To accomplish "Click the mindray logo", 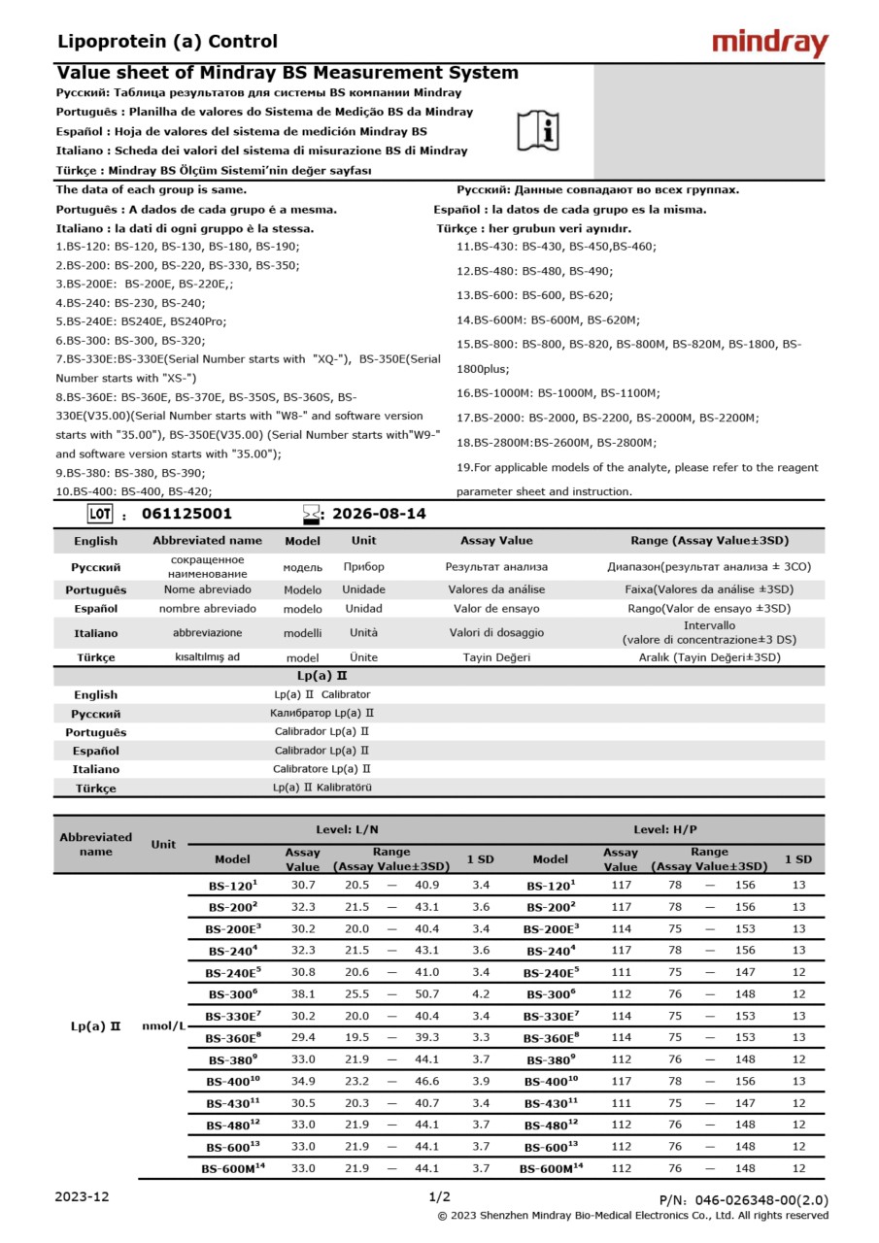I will [x=769, y=44].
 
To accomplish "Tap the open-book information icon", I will [x=538, y=131].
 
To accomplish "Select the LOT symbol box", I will [x=100, y=514].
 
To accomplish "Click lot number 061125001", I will [x=186, y=514].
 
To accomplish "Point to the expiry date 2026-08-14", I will [x=379, y=514].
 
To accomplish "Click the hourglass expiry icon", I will [x=311, y=514].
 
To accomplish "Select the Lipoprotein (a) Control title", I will [x=167, y=42].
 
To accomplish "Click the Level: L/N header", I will [x=347, y=829].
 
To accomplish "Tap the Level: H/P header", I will [x=665, y=829].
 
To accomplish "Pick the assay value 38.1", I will [x=303, y=993].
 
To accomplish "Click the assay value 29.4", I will [x=303, y=1037].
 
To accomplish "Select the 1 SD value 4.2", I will [x=480, y=993].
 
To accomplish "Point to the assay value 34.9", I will [x=303, y=1081].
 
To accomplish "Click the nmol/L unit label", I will [x=164, y=1026].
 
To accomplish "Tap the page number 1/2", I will [x=439, y=1196].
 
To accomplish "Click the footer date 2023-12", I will [x=82, y=1196].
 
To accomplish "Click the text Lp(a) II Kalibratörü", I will [x=321, y=788].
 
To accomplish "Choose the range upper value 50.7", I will [x=426, y=993].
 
